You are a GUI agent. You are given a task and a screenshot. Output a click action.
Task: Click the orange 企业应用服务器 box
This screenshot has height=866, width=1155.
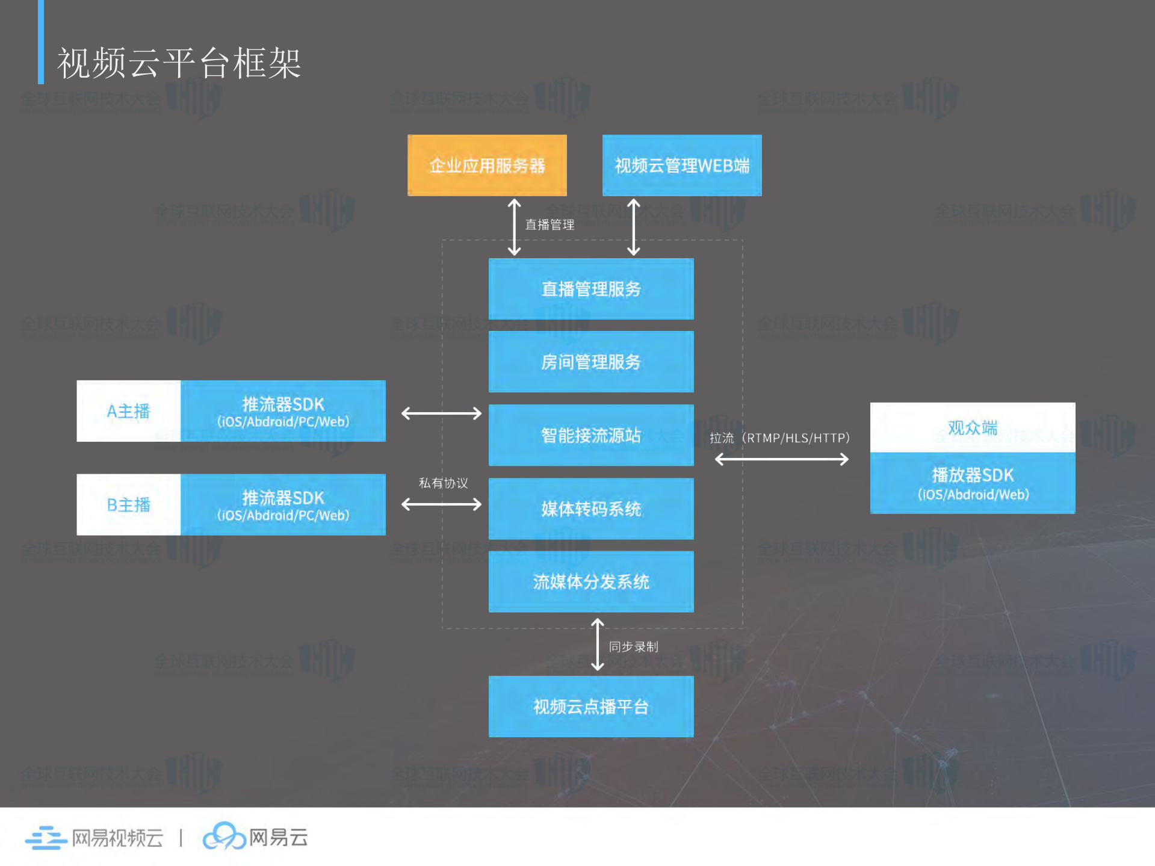[x=487, y=165]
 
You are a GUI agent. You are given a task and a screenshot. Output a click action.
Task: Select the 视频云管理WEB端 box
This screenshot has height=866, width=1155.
[x=682, y=165]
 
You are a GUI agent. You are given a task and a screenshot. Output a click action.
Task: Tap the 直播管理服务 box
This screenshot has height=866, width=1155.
[x=591, y=289]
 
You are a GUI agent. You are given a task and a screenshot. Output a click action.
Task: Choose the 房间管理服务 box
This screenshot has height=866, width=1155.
[x=591, y=362]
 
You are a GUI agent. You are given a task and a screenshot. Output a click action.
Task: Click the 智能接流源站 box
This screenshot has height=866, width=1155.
[x=591, y=435]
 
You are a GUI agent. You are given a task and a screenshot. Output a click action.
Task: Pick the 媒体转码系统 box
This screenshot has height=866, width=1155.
[x=591, y=509]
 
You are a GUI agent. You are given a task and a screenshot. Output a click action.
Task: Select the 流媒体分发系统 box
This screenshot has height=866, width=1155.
[x=591, y=581]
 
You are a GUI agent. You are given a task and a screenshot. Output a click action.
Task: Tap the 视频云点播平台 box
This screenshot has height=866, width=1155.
[x=591, y=707]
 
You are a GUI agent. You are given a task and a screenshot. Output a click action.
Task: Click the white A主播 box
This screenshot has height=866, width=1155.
[x=128, y=411]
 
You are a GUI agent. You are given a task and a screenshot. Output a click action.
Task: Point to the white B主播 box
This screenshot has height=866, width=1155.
[x=128, y=504]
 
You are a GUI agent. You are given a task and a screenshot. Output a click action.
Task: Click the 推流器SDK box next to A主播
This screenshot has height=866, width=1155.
[x=283, y=411]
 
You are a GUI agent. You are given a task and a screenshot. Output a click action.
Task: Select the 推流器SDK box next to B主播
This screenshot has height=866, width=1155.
[x=283, y=504]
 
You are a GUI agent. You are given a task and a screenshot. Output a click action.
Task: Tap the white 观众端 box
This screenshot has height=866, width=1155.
[x=973, y=427]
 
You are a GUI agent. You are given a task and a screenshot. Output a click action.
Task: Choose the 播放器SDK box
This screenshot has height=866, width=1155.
[x=973, y=483]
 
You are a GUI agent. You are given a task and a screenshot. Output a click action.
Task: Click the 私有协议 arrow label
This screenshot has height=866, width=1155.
[x=443, y=483]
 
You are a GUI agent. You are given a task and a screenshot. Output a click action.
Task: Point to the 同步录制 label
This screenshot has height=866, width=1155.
[x=633, y=646]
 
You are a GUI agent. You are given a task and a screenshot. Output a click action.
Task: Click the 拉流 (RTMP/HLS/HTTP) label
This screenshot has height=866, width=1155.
[x=779, y=438]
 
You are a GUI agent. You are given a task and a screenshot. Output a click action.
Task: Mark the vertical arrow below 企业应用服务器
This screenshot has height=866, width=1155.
[x=514, y=227]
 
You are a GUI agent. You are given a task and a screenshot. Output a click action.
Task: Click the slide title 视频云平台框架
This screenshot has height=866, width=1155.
[x=179, y=63]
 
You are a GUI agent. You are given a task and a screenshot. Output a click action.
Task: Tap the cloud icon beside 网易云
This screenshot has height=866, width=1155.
[x=223, y=836]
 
